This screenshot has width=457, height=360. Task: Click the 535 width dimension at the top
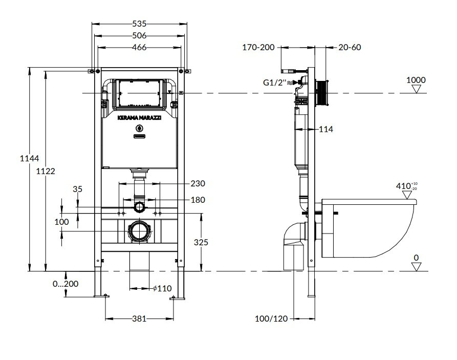point(139,23)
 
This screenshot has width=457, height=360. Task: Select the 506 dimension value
point(139,35)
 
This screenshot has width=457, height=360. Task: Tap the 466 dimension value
point(139,48)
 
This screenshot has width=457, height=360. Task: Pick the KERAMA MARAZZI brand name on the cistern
point(140,117)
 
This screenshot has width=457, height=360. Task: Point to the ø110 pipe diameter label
point(163,288)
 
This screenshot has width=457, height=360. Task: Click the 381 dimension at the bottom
point(139,319)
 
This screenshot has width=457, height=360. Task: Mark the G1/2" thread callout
point(273,81)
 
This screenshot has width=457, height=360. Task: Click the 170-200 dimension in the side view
point(258,47)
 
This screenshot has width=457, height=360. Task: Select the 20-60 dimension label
point(350,47)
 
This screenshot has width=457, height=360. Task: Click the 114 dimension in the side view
point(325,130)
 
